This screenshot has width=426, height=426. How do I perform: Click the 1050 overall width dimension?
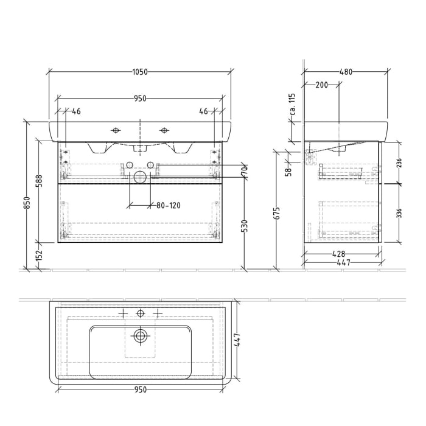[x=140, y=72]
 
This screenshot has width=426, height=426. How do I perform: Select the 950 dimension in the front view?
[x=140, y=98]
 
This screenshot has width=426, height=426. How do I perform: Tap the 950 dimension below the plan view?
[x=140, y=390]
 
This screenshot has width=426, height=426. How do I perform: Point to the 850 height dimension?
[x=27, y=202]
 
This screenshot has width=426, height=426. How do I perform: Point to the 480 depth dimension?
[x=345, y=72]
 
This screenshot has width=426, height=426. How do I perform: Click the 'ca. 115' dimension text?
[x=292, y=105]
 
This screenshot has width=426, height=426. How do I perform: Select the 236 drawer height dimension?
[x=399, y=162]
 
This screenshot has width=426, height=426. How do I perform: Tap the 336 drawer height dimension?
[x=399, y=212]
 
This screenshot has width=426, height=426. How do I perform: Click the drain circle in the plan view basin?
[x=141, y=335]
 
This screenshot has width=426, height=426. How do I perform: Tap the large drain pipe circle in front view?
[x=141, y=178]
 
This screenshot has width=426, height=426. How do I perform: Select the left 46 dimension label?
[x=77, y=111]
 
